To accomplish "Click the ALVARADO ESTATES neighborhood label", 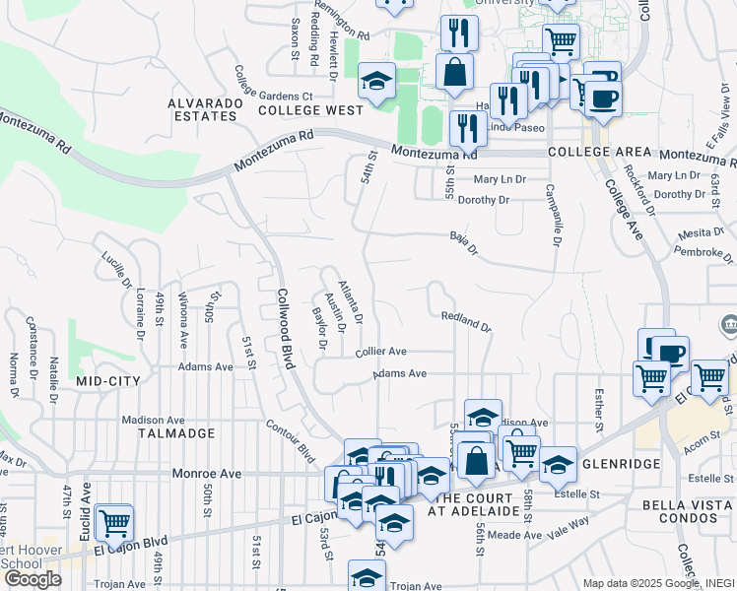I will click(x=202, y=109).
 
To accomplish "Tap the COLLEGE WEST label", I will click(x=310, y=110).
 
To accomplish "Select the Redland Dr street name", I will click(x=466, y=320).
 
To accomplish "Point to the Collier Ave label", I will click(x=381, y=351).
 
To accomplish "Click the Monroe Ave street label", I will click(x=207, y=473).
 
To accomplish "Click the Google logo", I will click(x=33, y=579).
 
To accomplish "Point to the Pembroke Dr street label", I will click(x=701, y=252).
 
